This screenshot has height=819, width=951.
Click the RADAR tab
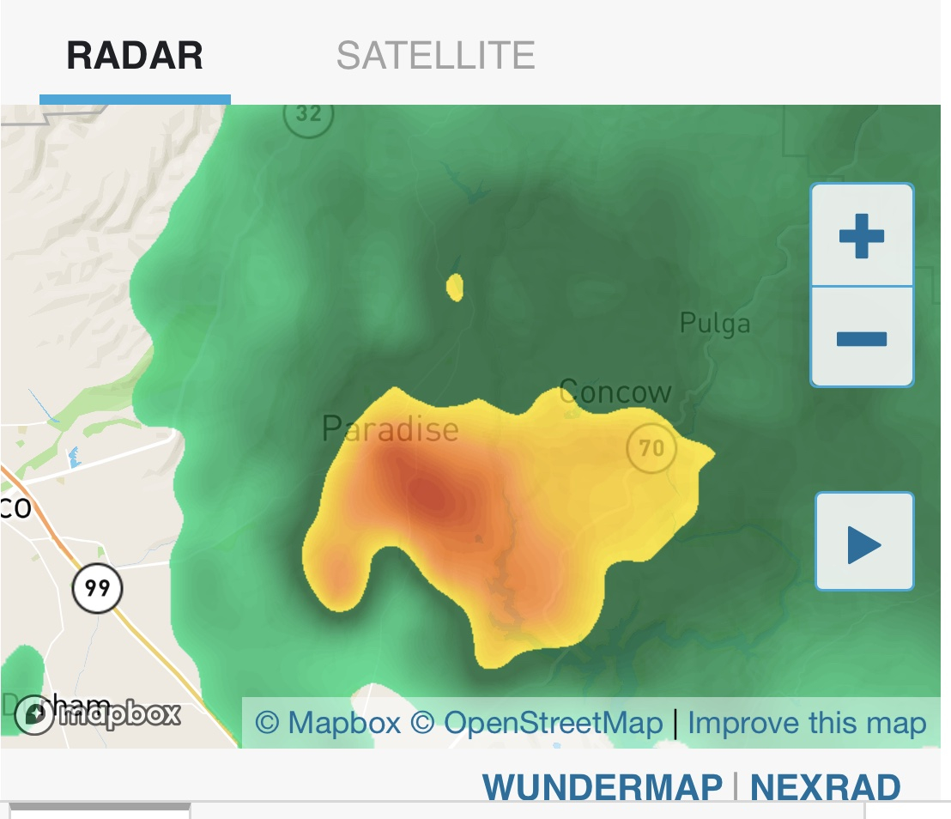135,56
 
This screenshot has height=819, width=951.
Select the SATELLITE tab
435,56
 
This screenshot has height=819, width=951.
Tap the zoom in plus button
862,235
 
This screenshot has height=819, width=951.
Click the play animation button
863,543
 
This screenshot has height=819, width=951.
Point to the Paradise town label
390,428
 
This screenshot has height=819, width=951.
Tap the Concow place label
615,392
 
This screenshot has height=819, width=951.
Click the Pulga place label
714,324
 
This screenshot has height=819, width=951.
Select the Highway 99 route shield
97,589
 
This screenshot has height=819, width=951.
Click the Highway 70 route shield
651,447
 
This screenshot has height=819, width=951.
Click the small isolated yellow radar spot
455,288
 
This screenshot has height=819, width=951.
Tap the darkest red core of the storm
429,493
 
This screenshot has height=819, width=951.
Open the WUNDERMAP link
602,786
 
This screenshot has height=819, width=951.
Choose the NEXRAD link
825,786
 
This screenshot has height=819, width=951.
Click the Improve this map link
807,724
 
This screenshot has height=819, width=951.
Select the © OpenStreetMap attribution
536,724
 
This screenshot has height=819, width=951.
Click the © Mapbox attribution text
328,724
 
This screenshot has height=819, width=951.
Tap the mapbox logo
99,714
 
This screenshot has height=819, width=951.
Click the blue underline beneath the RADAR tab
135,99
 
